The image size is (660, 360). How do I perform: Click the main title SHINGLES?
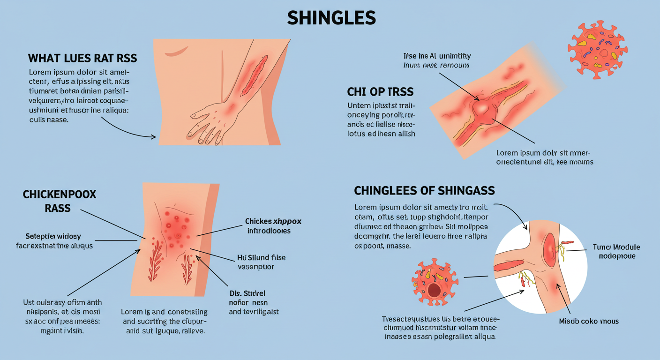(x=331, y=18)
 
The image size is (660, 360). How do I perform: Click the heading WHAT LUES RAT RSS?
(x=82, y=59)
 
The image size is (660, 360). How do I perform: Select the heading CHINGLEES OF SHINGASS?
(x=424, y=191)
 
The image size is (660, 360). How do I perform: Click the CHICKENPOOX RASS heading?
(x=59, y=201)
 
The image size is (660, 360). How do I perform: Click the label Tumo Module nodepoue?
(x=616, y=251)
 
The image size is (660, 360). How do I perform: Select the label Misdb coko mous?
(x=588, y=321)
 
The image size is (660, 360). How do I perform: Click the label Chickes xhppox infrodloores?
(x=273, y=225)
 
